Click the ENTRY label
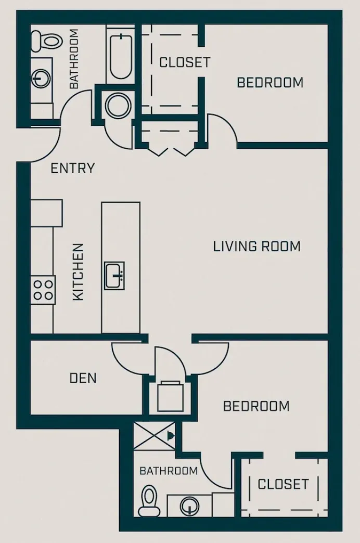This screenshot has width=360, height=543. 73,168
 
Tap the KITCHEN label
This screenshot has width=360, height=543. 78,272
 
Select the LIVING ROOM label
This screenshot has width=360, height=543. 256,246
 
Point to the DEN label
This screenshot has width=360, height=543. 83,378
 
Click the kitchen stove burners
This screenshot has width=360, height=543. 43,290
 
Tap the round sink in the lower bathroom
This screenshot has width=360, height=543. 190,505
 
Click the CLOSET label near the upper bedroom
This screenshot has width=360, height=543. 185,62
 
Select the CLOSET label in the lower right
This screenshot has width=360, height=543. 283,484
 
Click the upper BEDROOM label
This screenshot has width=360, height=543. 270,82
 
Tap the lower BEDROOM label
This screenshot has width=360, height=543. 256,406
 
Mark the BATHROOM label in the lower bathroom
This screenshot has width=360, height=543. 168,471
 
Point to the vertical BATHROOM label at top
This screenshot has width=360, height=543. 74,58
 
